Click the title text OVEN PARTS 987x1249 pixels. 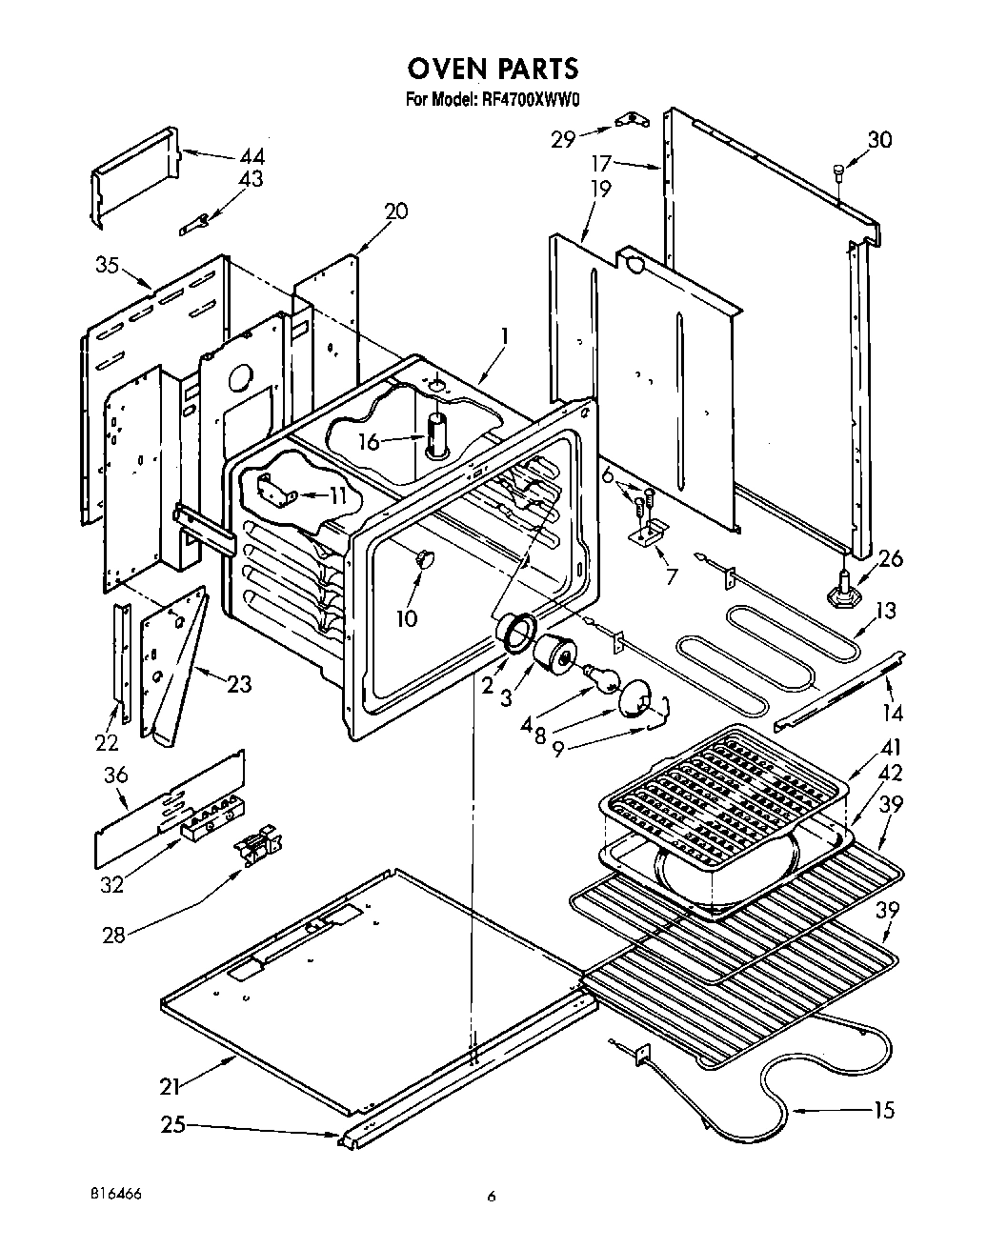[x=493, y=69]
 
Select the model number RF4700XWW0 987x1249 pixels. [x=526, y=98]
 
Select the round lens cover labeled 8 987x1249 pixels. [x=634, y=703]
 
